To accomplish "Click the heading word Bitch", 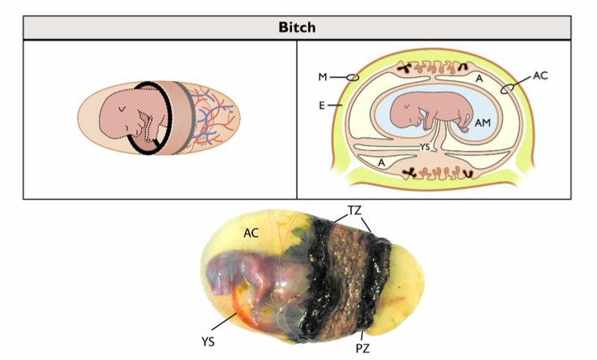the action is point(298,27).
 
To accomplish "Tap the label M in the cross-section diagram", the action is point(323,78).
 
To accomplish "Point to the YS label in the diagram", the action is point(424,147).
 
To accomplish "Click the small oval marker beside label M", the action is point(352,77).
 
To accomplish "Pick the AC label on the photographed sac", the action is point(252,232).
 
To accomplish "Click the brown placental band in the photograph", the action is point(348,268).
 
